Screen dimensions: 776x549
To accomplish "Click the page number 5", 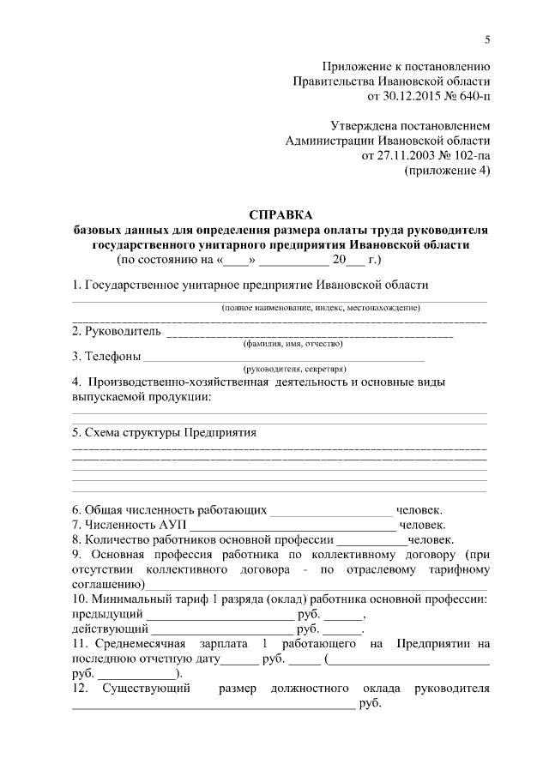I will [x=487, y=39].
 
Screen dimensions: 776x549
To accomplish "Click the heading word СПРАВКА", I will [x=281, y=214].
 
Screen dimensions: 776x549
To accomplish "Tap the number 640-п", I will [x=473, y=95].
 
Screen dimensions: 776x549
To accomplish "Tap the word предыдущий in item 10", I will [x=106, y=614].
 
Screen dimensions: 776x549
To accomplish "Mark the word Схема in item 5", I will [x=108, y=432].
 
